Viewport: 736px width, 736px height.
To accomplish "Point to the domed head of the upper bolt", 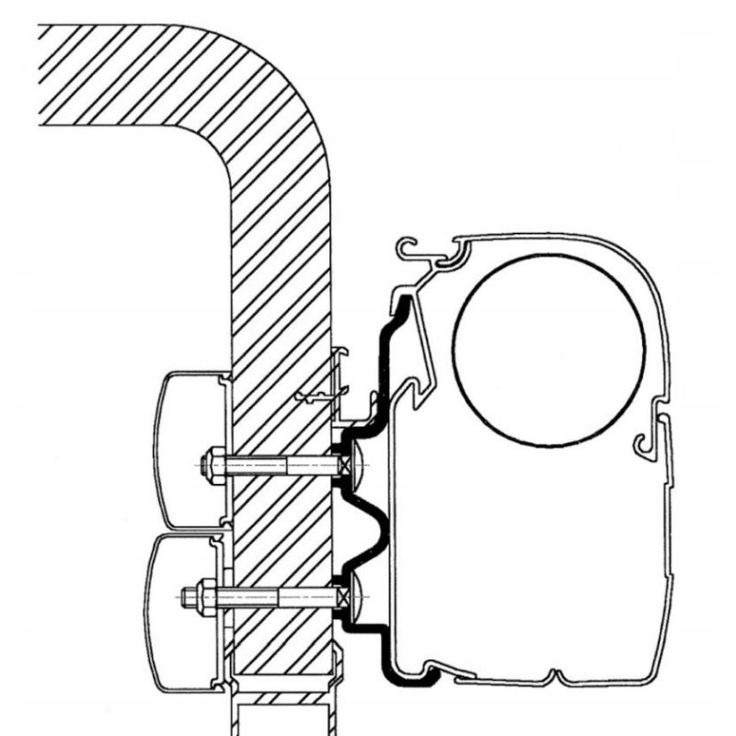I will (x=358, y=466).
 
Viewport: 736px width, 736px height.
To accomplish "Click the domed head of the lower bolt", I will (x=359, y=595).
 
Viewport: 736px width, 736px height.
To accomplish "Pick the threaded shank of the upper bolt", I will (x=276, y=466).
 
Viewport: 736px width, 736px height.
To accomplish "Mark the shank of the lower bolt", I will (x=276, y=595).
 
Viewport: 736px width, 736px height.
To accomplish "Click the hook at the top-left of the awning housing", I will (x=409, y=248).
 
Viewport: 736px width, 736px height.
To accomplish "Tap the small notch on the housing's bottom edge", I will (x=552, y=676).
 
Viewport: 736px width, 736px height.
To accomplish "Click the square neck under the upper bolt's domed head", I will (x=343, y=466).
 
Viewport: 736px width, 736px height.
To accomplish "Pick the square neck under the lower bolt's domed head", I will (x=343, y=595).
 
